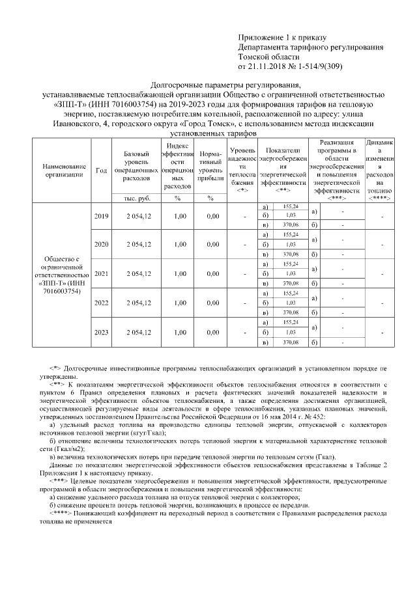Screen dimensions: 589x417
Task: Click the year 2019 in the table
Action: [x=102, y=216]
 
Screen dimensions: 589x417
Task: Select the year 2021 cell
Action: [x=102, y=274]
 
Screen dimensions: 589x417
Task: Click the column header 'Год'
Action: [x=102, y=170]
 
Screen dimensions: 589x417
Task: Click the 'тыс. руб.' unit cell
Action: [x=134, y=198]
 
